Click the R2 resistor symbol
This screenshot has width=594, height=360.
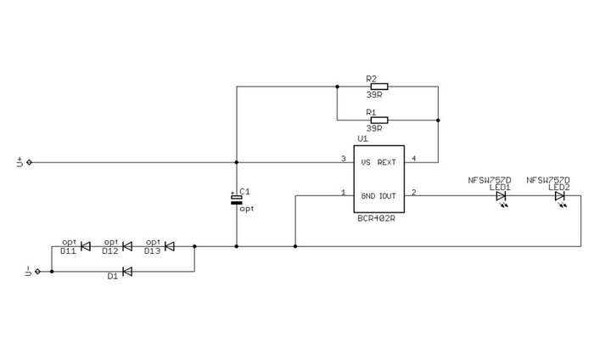378,86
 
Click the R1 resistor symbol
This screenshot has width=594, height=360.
378,120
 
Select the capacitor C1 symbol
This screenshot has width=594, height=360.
236,199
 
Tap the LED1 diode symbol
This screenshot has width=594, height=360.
501,196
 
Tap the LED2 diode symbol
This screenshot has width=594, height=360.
559,196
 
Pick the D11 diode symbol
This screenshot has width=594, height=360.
85,247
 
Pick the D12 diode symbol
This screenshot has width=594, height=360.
126,247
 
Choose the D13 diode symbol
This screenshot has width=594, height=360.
169,247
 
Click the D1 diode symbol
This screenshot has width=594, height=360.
126,272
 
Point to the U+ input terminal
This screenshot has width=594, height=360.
30,162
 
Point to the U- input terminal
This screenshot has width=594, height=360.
36,272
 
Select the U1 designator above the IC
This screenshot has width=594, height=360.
362,138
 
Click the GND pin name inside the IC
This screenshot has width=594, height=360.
368,194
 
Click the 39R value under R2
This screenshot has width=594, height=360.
374,95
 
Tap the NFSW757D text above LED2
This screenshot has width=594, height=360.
548,180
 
